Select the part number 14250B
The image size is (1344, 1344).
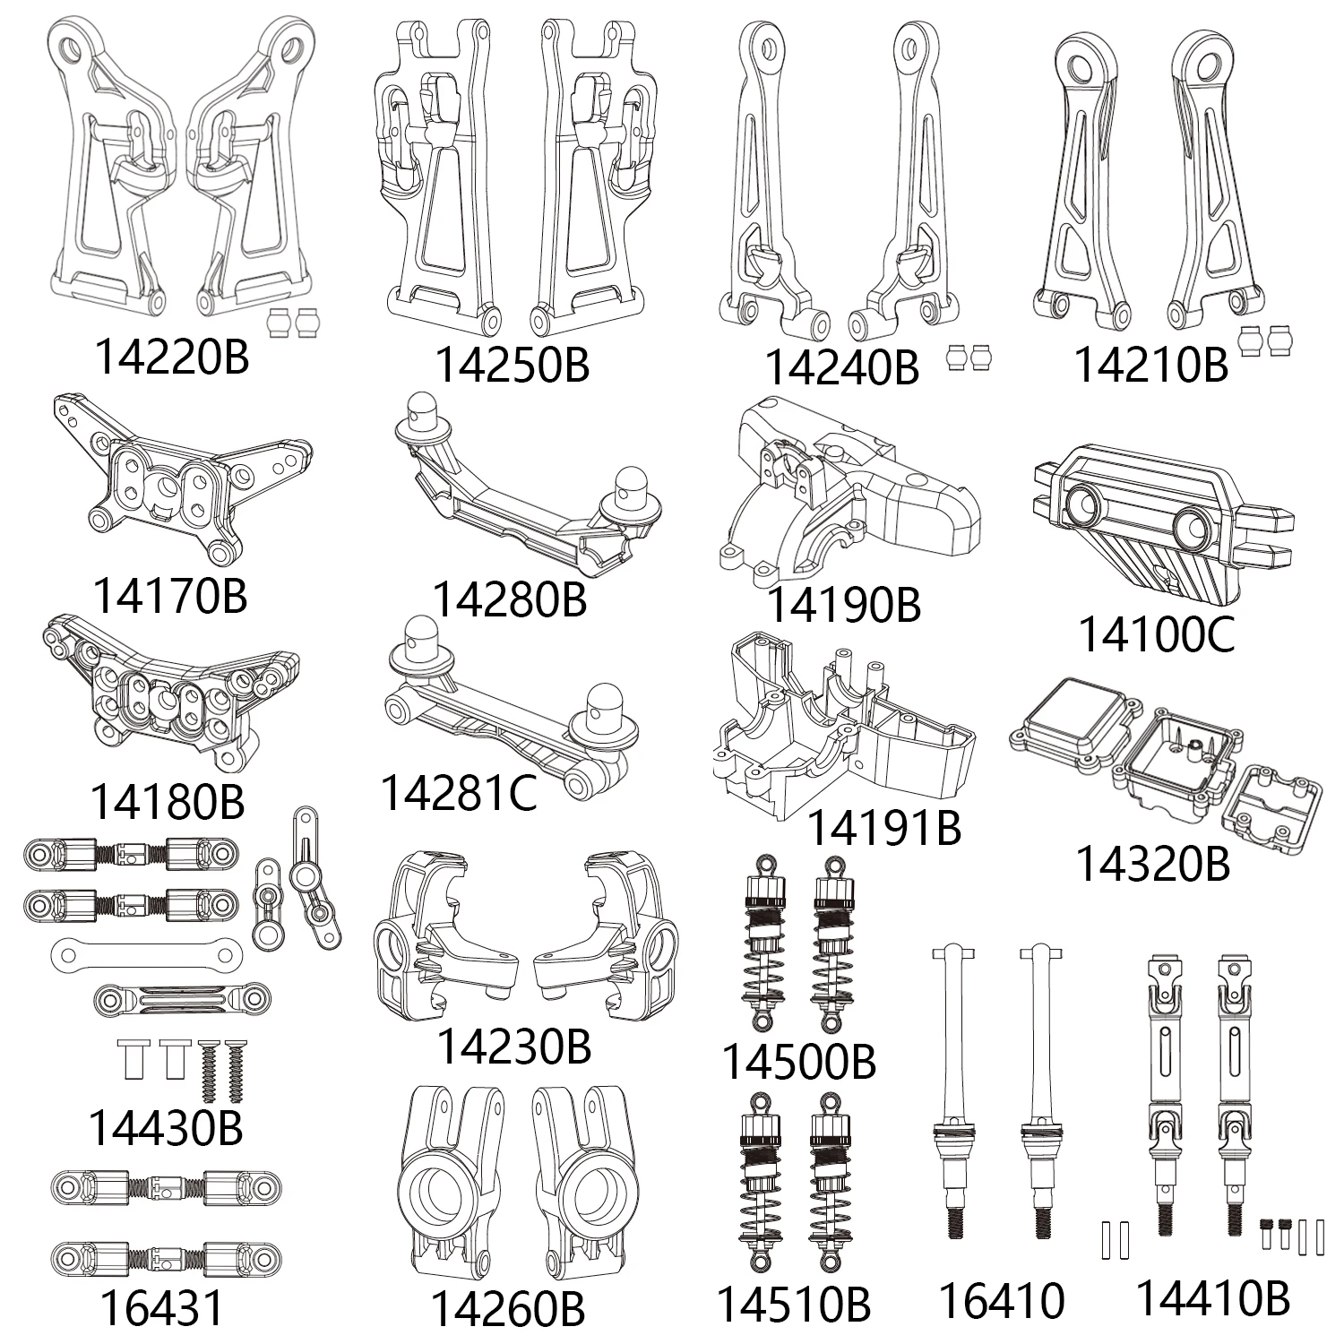point(512,365)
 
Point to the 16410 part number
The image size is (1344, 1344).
point(1001,1300)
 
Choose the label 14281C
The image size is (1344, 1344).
point(459,792)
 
